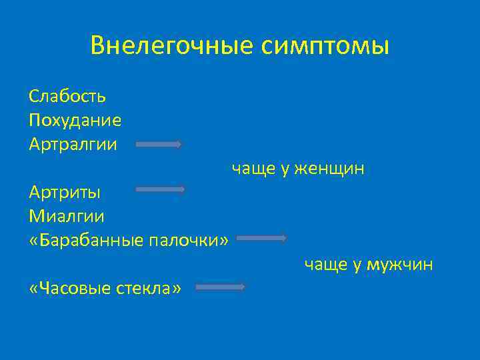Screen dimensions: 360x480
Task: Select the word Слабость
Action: (67, 96)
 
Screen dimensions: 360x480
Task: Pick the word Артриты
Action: (65, 193)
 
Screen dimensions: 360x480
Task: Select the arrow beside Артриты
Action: (161, 190)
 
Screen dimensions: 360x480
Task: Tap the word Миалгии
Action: (67, 217)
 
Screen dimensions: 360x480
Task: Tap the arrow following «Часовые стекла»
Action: (221, 287)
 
